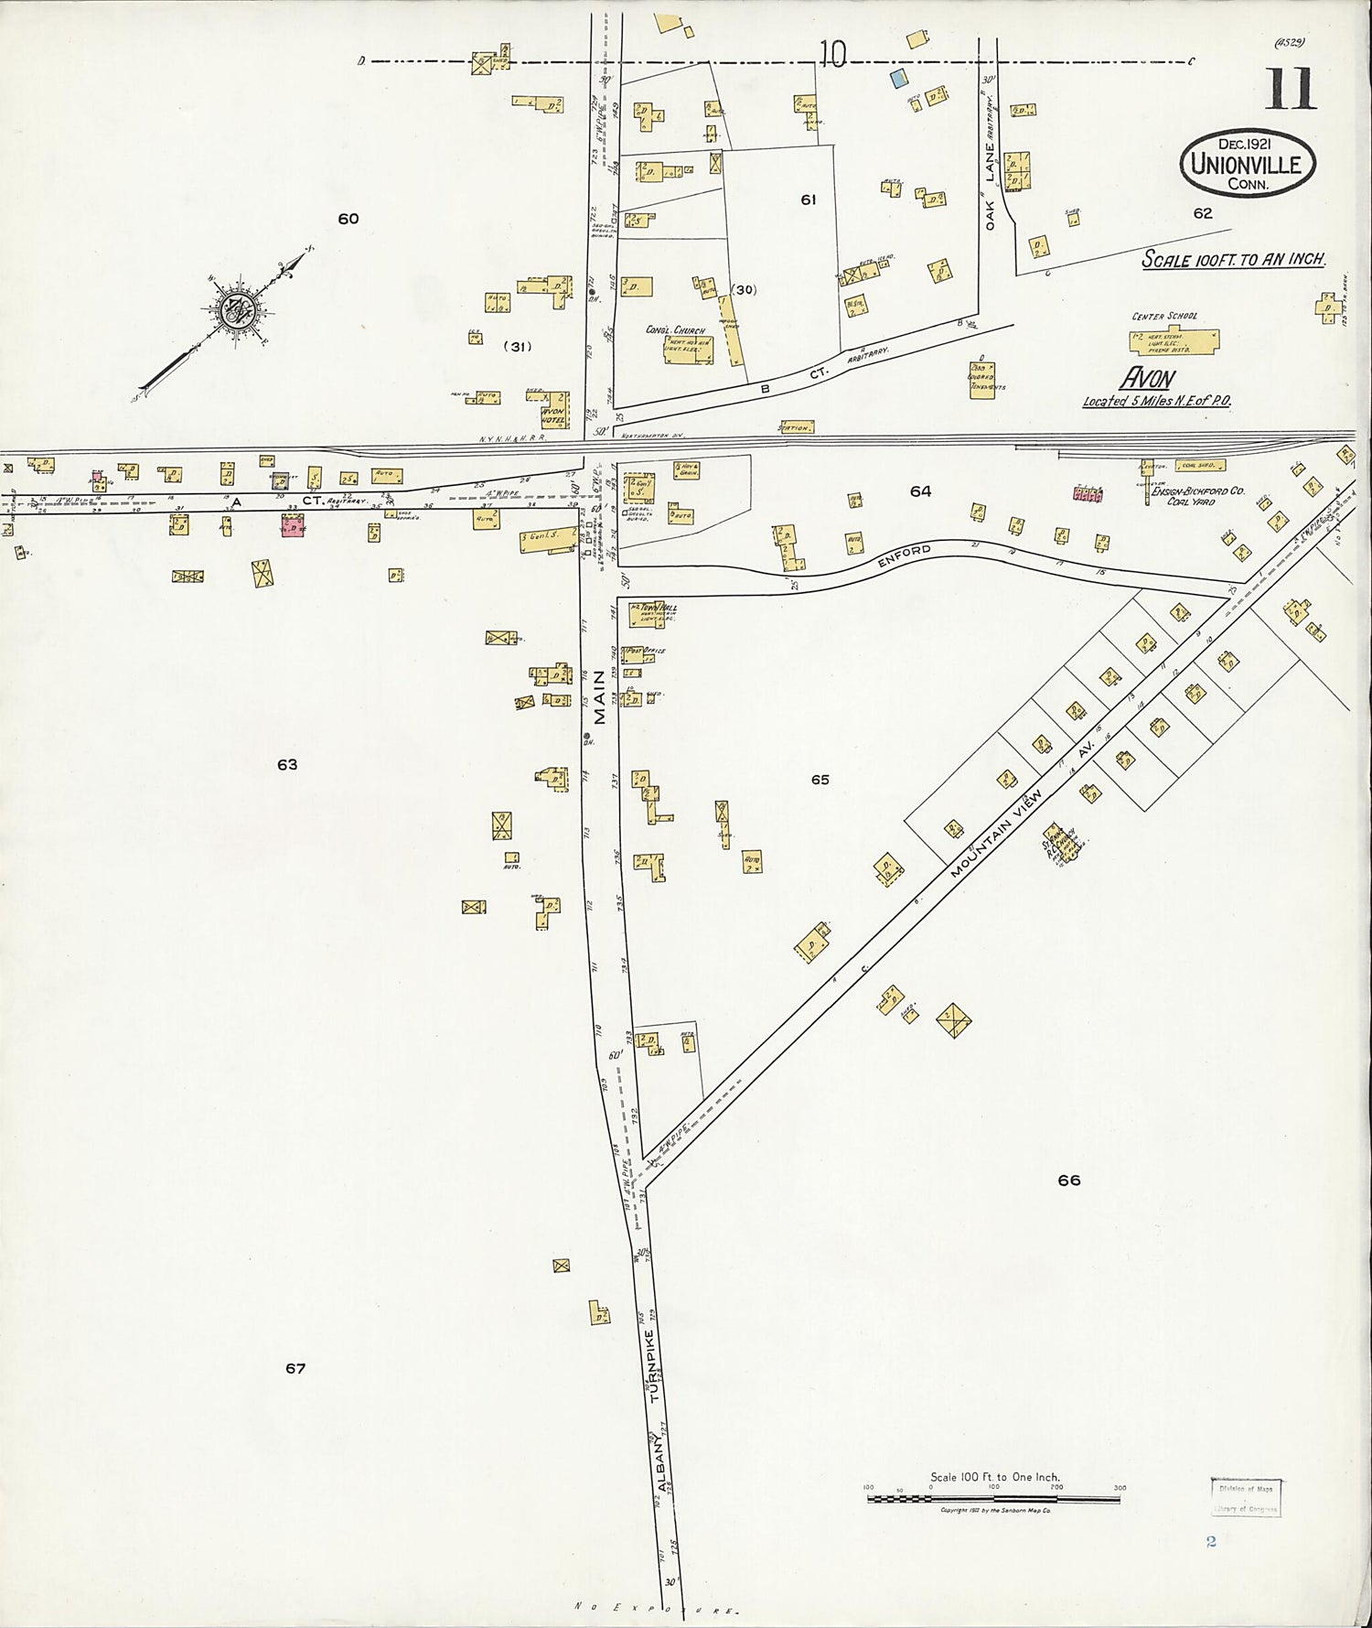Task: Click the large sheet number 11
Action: pos(1291,88)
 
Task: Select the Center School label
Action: pos(1163,317)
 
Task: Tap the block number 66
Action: pos(1068,1181)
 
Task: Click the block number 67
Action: pos(295,1369)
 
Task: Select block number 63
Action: pos(287,765)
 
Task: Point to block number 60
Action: pos(348,219)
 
